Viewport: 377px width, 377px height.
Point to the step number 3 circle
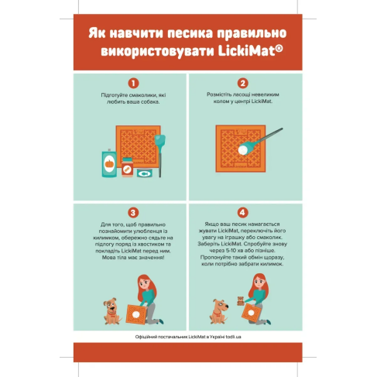point(134,212)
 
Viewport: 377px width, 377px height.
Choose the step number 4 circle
point(243,212)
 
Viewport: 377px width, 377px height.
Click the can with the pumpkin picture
point(108,165)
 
